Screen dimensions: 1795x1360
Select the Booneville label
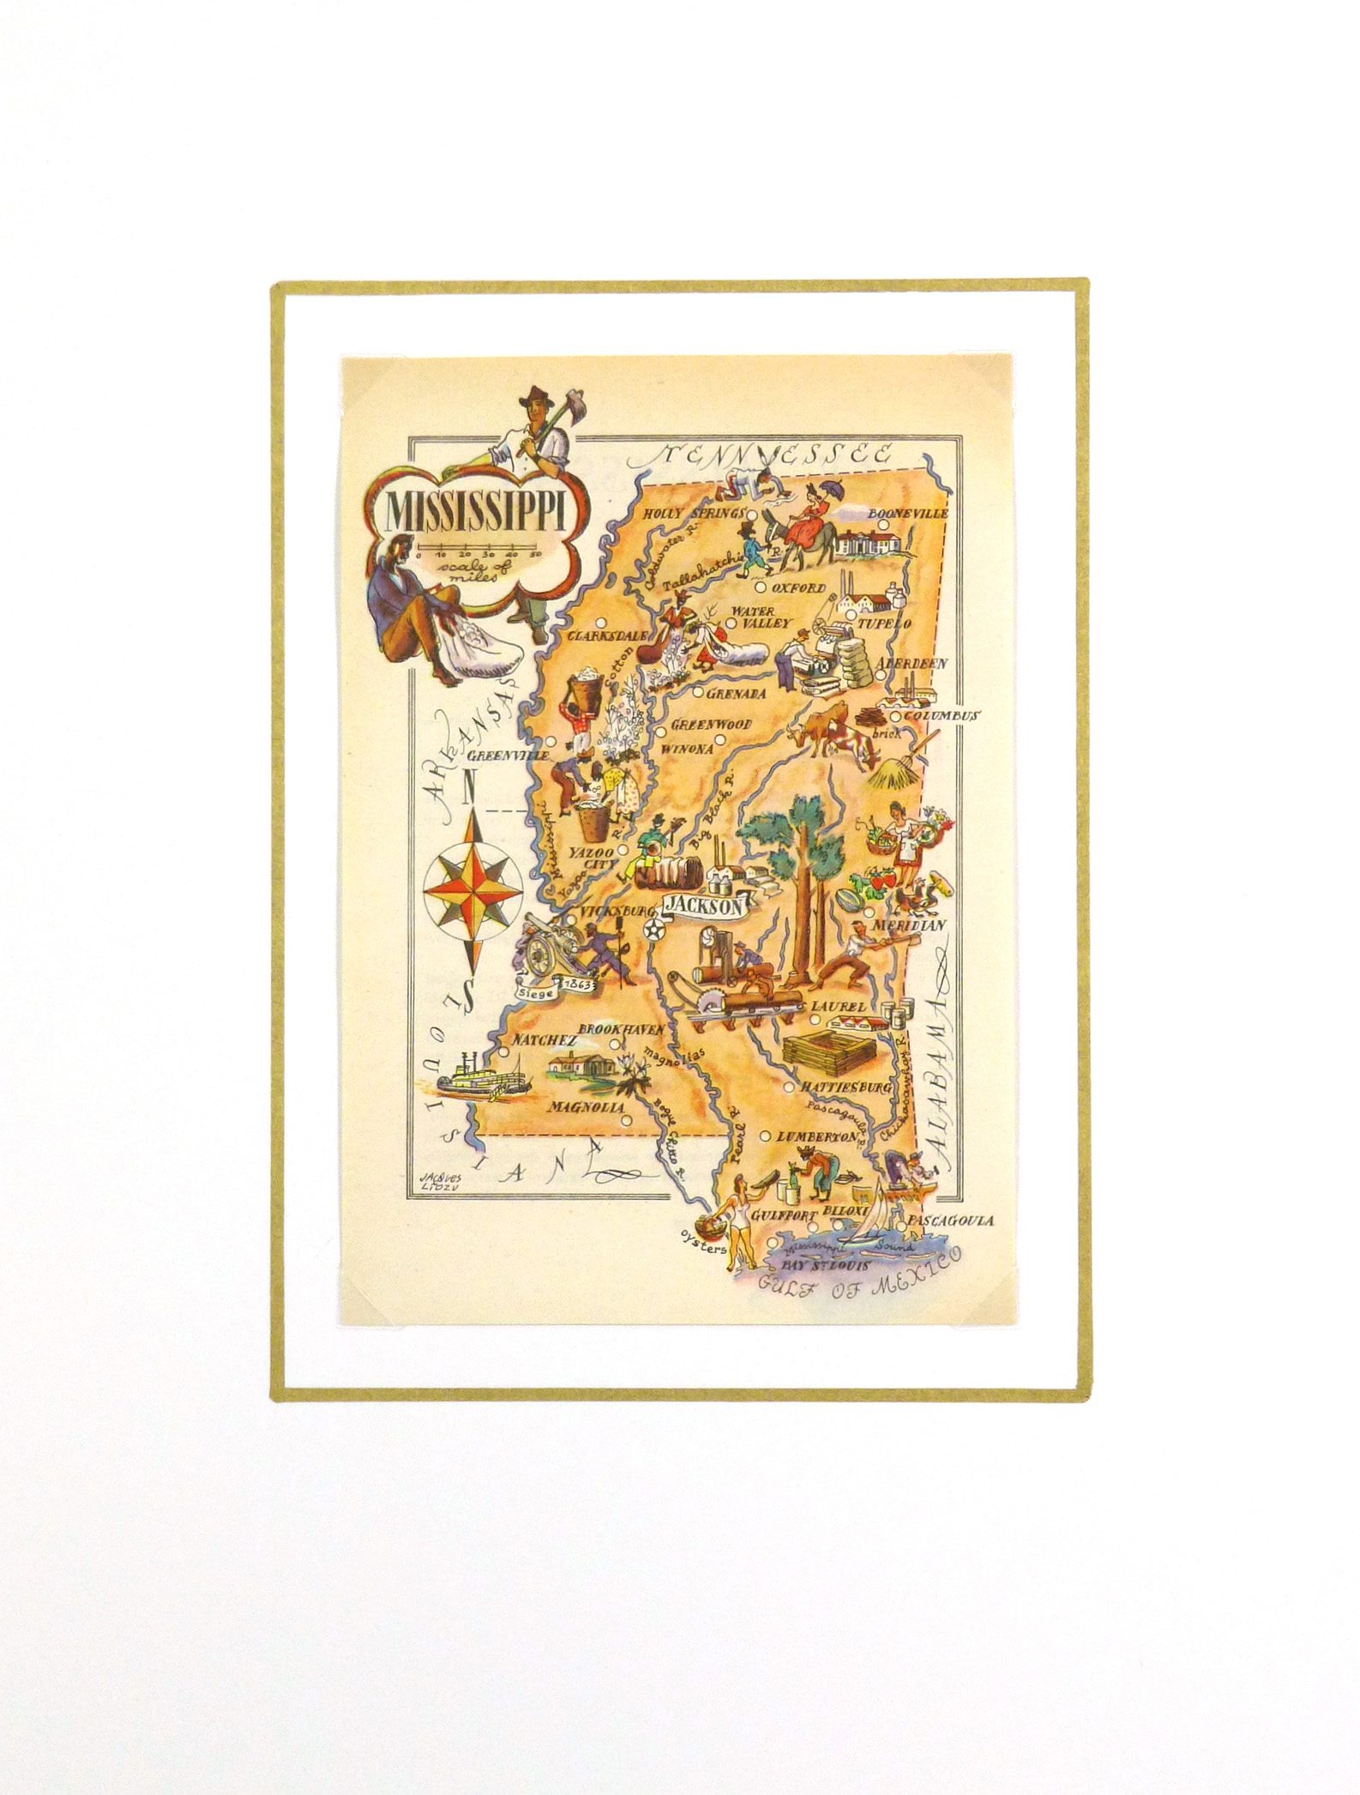[x=908, y=513]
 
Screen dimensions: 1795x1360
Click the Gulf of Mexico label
[x=858, y=1278]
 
